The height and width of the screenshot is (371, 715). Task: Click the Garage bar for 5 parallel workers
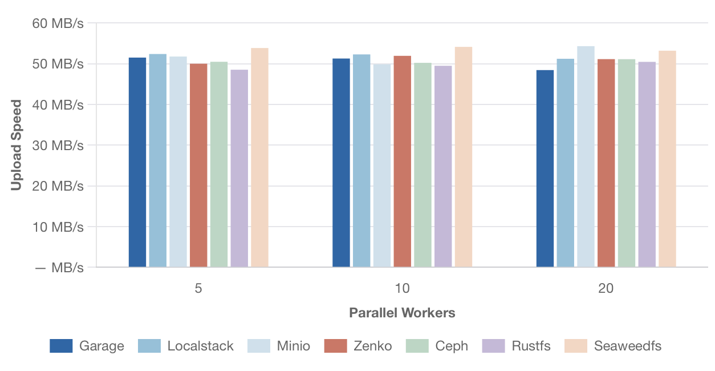[137, 162]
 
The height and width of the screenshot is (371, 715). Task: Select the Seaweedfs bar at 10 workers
[464, 157]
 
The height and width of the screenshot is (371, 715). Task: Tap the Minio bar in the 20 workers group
[586, 156]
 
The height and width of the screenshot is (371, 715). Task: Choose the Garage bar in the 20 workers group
[545, 168]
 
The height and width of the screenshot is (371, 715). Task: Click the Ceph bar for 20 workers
[627, 163]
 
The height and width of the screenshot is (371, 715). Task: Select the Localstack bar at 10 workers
[361, 160]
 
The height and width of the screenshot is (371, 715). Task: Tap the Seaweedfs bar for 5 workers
[259, 158]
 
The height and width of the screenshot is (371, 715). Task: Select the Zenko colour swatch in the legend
[335, 346]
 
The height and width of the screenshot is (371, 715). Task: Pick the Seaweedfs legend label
[628, 346]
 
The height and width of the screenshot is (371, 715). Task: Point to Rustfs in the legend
[531, 346]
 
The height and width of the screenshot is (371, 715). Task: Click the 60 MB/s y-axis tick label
[58, 23]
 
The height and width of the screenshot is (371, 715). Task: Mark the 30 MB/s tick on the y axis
[58, 146]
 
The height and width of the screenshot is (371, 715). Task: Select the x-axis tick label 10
[402, 288]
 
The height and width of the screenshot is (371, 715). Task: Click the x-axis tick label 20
[606, 288]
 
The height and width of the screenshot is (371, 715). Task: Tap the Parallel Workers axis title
[402, 313]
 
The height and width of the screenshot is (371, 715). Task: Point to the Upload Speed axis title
[17, 145]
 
